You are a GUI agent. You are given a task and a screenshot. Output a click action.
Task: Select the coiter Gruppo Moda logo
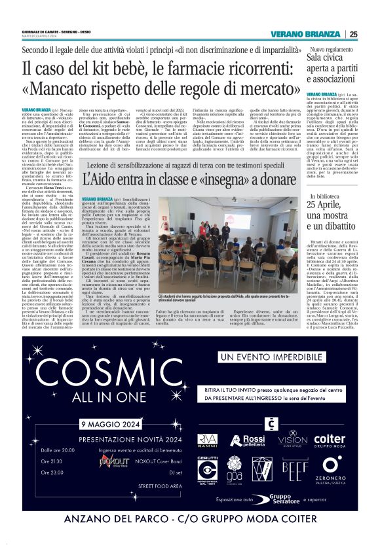tap(329, 440)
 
